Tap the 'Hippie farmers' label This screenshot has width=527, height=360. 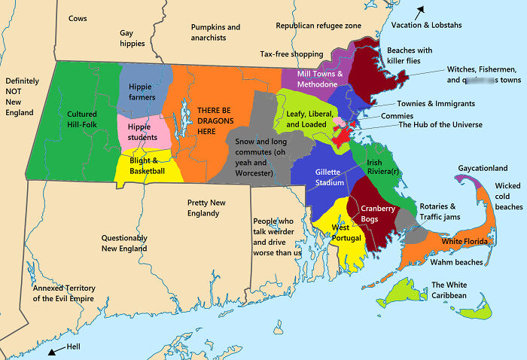pos(140,92)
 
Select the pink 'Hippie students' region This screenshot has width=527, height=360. pos(142,132)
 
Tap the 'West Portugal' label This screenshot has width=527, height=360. pos(346,232)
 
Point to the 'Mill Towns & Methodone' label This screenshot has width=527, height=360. pos(320,79)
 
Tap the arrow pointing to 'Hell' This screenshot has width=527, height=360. pos(53,351)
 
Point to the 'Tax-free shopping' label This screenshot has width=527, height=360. pos(291,54)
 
